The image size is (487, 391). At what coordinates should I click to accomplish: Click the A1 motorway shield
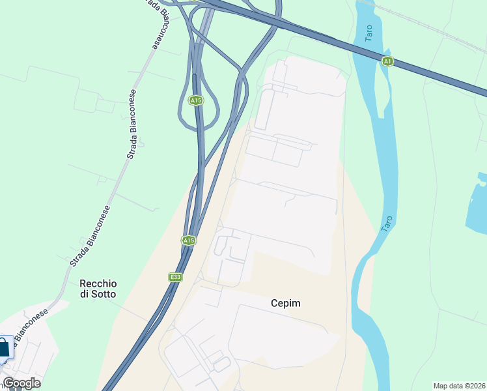point(388,61)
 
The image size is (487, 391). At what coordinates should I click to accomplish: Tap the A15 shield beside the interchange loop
point(195,100)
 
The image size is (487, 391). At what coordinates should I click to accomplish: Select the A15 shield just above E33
point(189,240)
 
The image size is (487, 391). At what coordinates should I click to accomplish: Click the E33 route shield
point(174,277)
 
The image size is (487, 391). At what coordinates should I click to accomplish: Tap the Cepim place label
point(286,303)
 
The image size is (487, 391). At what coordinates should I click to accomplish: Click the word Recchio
point(98,283)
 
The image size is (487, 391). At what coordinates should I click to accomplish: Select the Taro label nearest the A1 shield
point(370,34)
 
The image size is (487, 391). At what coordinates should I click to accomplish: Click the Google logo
point(21,383)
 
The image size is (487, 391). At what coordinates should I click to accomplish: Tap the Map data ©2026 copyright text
point(460,385)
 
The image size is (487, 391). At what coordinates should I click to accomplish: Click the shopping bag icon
point(3,347)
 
